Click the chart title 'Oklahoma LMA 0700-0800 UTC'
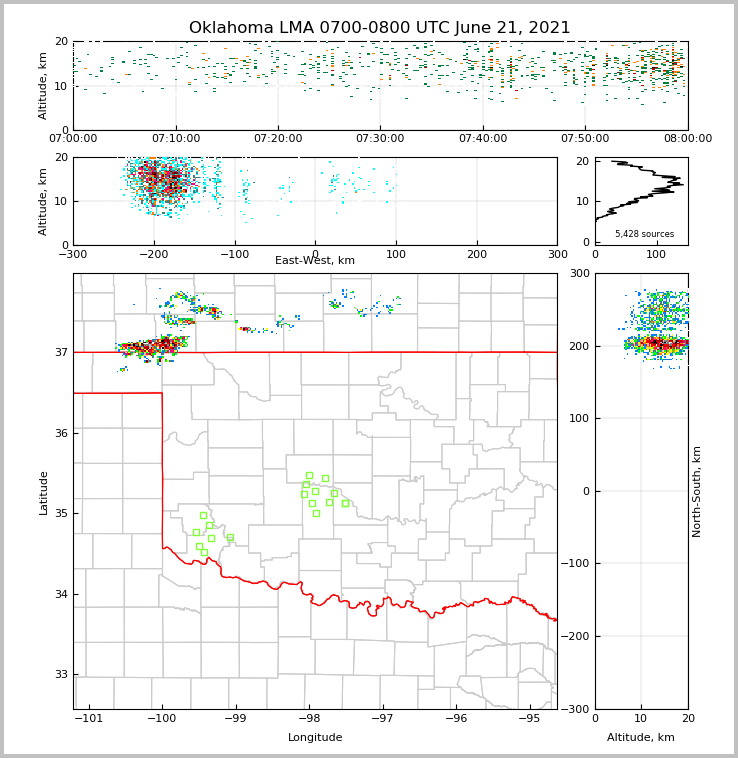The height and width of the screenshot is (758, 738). pyautogui.click(x=379, y=28)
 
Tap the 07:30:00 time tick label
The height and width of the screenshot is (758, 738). pyautogui.click(x=380, y=139)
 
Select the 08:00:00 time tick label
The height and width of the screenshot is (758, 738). pyautogui.click(x=687, y=139)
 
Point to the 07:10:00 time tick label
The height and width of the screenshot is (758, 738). pyautogui.click(x=175, y=139)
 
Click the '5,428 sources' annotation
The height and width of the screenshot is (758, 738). pyautogui.click(x=644, y=234)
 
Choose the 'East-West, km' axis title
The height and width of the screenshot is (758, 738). pyautogui.click(x=315, y=261)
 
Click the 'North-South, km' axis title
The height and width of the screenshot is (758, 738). pyautogui.click(x=697, y=491)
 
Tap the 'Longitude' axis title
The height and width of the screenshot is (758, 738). pyautogui.click(x=315, y=738)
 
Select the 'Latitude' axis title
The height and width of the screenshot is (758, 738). pyautogui.click(x=43, y=492)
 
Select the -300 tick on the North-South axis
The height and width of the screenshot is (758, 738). pyautogui.click(x=578, y=709)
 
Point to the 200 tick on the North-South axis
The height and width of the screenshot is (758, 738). pyautogui.click(x=578, y=346)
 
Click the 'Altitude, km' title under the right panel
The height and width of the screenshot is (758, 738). pyautogui.click(x=641, y=738)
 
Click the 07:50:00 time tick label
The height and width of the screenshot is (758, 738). pyautogui.click(x=585, y=139)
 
